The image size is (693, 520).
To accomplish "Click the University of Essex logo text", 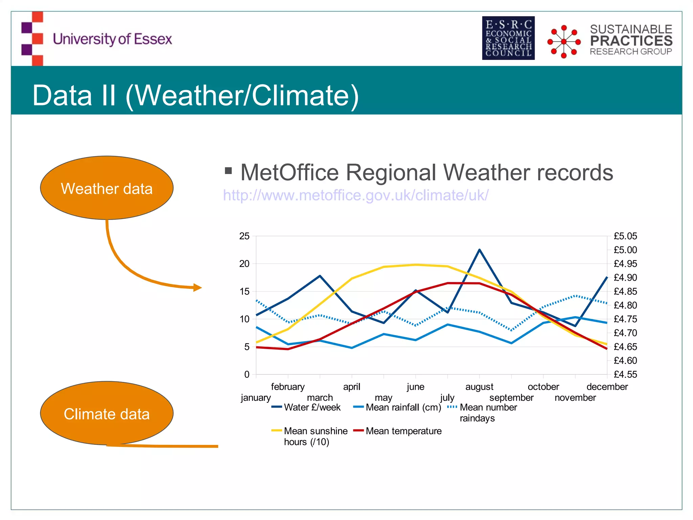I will (112, 39).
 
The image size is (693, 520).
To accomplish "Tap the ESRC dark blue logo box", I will (508, 38).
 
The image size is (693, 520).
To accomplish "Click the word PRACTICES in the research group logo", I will (631, 41).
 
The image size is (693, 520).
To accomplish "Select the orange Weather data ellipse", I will (107, 188).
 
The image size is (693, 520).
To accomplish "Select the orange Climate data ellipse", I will (107, 413).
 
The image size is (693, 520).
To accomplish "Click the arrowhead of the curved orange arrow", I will (198, 288).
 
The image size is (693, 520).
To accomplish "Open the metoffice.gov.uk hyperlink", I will (355, 195).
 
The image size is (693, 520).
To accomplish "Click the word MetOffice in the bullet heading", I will (289, 173).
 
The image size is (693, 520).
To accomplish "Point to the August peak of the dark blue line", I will (479, 250).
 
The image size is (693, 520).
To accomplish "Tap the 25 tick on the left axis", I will (244, 236).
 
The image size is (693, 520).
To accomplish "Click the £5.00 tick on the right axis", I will (625, 250).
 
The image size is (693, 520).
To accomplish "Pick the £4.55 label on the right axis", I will (625, 374).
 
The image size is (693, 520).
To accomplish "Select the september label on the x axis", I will (511, 397).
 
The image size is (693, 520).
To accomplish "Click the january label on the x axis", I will (255, 397).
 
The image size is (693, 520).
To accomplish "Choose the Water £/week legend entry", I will (312, 407).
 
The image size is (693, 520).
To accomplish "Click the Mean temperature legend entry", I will (403, 431).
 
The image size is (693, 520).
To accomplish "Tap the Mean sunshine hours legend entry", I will (315, 436).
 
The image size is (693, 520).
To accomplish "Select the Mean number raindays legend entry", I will (488, 412).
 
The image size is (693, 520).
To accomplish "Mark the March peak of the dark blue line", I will (320, 276).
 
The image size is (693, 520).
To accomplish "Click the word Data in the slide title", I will (62, 95).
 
